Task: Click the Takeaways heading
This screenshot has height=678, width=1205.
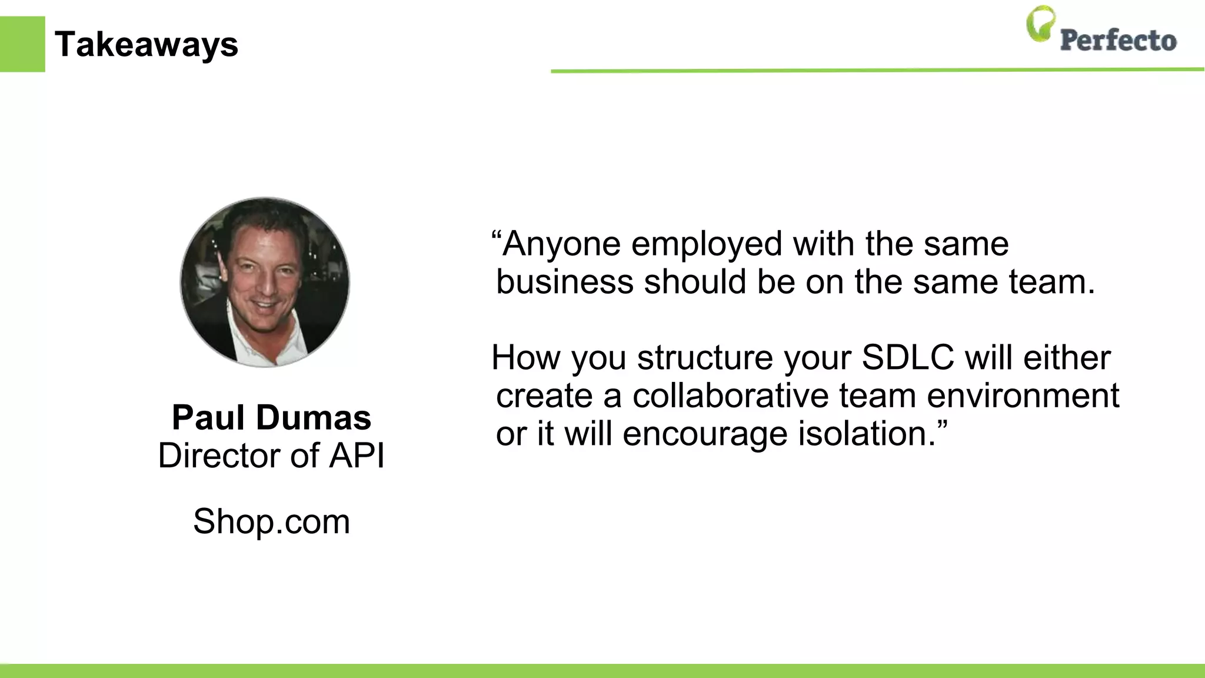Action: pyautogui.click(x=146, y=45)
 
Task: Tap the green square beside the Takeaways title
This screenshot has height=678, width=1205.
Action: pyautogui.click(x=22, y=44)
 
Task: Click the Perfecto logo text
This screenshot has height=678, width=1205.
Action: pyautogui.click(x=1118, y=41)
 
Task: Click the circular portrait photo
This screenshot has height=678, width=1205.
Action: pyautogui.click(x=265, y=282)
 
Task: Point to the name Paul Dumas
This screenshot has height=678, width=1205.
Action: pyautogui.click(x=271, y=417)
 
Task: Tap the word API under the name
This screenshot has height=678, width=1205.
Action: pyautogui.click(x=357, y=456)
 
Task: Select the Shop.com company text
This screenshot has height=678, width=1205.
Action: pyautogui.click(x=271, y=521)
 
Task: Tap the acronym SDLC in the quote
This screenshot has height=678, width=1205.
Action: pyautogui.click(x=908, y=357)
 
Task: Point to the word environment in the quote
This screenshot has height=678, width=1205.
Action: pyautogui.click(x=1023, y=395)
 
